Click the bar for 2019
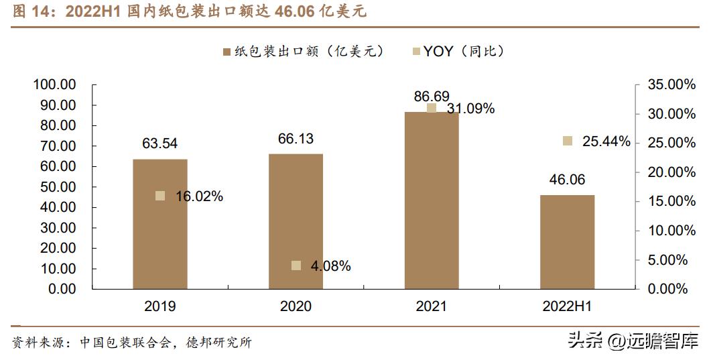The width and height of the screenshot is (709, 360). point(159,224)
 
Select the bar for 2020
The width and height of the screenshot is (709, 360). point(296,221)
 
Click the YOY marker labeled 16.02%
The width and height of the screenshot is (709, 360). point(160,196)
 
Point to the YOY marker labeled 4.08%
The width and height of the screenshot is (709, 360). point(296,265)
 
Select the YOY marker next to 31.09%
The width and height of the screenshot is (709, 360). point(432,108)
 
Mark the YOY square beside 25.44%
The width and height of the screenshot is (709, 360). point(568,141)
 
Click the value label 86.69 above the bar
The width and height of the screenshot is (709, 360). point(432,97)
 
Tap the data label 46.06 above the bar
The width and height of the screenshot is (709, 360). point(567,180)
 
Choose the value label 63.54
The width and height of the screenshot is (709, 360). point(159,143)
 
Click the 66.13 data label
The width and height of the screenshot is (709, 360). point(296,139)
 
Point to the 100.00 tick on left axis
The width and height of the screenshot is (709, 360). point(55,85)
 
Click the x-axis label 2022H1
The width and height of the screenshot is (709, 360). point(567,306)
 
